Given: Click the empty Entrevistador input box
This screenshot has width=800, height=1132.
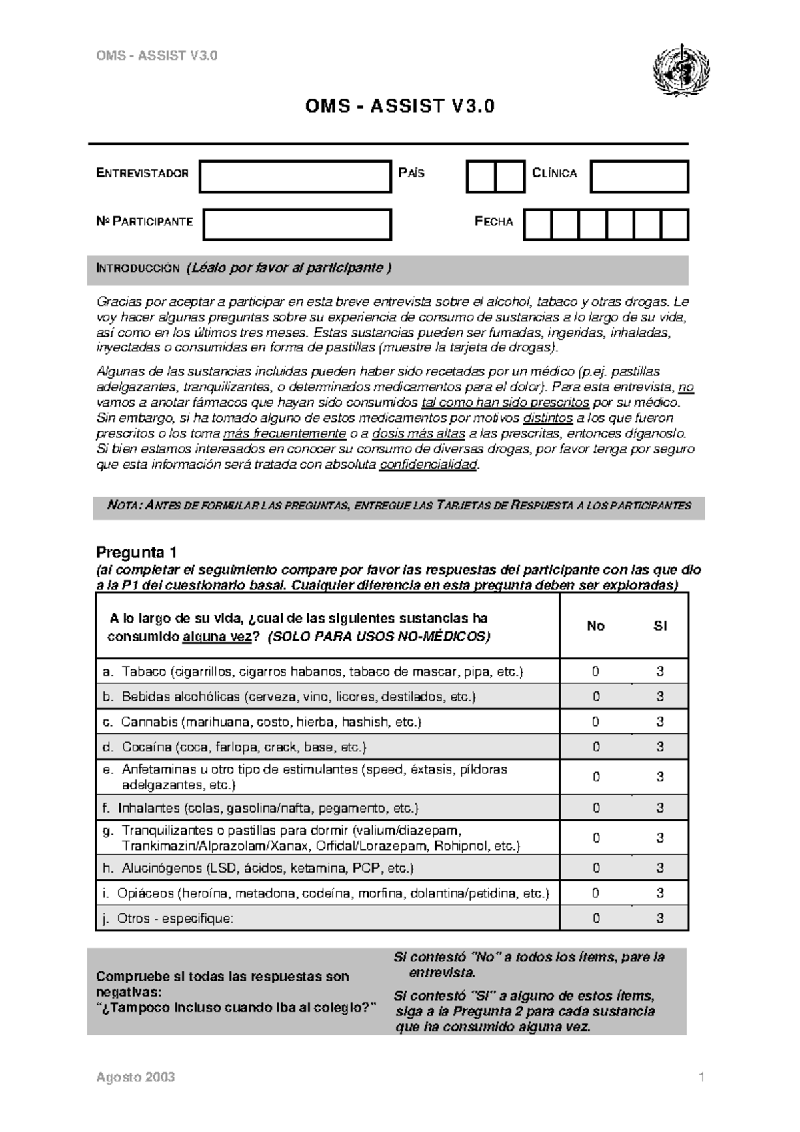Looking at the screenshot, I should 295,177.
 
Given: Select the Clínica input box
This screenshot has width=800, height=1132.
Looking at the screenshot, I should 639,177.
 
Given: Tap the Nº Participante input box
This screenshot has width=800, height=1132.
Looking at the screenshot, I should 297,225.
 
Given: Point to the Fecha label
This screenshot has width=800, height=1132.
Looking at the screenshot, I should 493,222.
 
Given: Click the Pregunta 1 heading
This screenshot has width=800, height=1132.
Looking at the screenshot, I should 137,553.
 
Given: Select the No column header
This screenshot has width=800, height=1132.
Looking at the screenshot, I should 595,626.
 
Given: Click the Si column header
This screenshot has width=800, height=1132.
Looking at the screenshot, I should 660,626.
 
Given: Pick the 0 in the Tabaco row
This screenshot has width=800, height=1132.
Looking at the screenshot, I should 596,672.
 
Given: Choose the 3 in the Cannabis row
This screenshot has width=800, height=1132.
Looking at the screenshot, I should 660,722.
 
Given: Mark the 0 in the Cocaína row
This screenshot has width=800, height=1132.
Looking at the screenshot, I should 596,747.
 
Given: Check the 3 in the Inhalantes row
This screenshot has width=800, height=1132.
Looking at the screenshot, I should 660,808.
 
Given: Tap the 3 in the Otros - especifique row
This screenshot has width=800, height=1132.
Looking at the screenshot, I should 660,918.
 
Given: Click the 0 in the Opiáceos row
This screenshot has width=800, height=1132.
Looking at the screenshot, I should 596,893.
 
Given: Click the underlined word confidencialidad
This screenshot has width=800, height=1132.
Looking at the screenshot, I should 428,465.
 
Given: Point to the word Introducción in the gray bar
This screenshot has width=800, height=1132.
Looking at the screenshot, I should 138,269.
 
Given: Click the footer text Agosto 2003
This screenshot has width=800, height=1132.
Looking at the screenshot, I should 135,1077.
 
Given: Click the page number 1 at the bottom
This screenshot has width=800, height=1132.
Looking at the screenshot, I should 701,1077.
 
